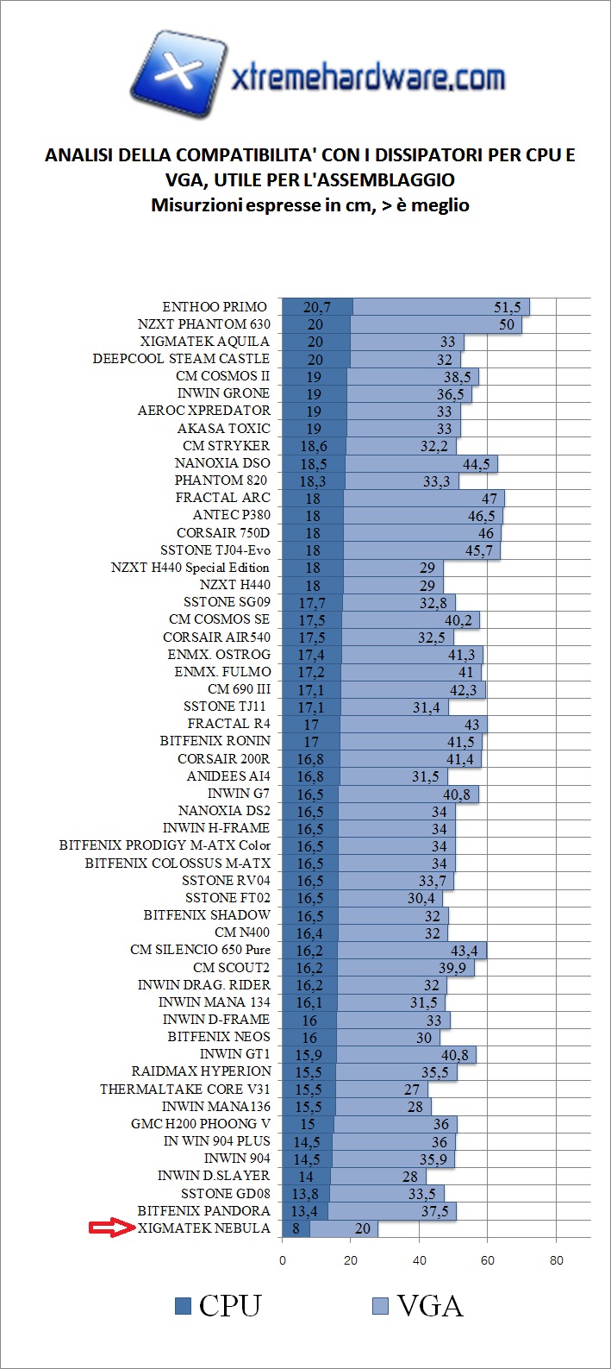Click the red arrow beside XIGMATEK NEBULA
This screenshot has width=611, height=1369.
pyautogui.click(x=112, y=1228)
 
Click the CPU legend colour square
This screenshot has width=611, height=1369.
pyautogui.click(x=183, y=1306)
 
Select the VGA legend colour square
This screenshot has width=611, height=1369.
pyautogui.click(x=380, y=1306)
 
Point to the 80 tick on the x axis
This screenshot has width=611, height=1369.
pyautogui.click(x=557, y=1260)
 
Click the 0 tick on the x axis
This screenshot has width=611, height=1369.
pyautogui.click(x=283, y=1260)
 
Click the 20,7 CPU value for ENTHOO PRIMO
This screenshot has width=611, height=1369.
pyautogui.click(x=317, y=307)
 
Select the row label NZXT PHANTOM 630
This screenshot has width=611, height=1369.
pyautogui.click(x=203, y=324)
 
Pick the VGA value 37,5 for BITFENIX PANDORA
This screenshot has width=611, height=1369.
pyautogui.click(x=435, y=1210)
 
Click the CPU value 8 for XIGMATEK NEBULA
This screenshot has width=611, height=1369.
pyautogui.click(x=296, y=1228)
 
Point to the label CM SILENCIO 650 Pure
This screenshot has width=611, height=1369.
pyautogui.click(x=200, y=950)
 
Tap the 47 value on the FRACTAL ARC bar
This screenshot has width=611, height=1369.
pyautogui.click(x=489, y=498)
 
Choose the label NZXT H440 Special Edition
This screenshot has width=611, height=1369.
pyautogui.click(x=190, y=568)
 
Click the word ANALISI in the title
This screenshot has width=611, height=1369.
pyautogui.click(x=78, y=155)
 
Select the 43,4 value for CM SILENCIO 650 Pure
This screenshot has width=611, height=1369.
pyautogui.click(x=464, y=950)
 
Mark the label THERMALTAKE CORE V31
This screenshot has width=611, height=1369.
pyautogui.click(x=184, y=1089)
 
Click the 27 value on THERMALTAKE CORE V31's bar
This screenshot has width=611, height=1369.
pyautogui.click(x=412, y=1089)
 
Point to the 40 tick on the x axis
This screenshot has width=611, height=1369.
pyautogui.click(x=420, y=1260)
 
